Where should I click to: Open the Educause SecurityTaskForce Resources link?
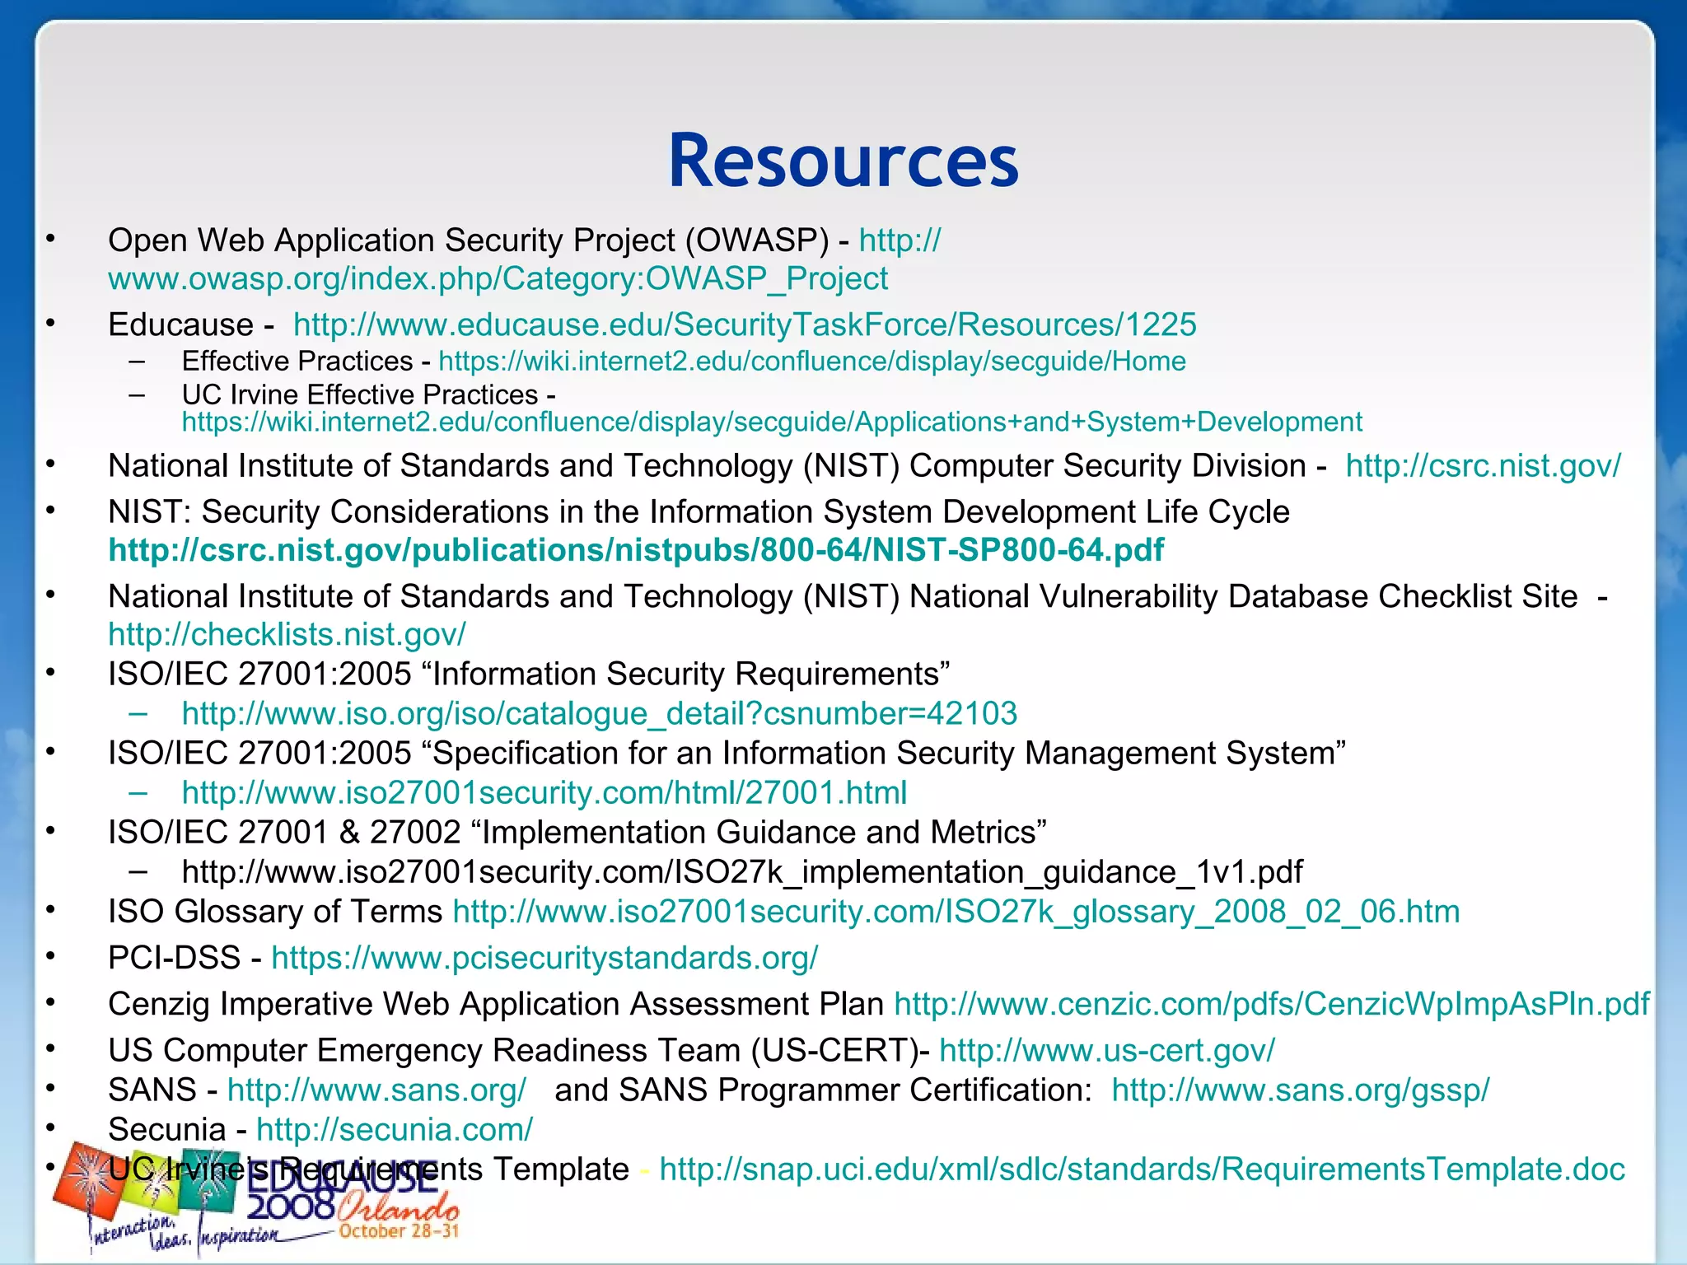coord(745,324)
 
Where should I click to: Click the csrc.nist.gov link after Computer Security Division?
coord(1483,466)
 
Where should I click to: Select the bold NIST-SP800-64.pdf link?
coord(636,550)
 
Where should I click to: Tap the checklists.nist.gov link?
coord(287,635)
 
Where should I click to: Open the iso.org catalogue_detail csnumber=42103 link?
coord(599,713)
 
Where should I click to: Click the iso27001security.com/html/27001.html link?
coord(544,792)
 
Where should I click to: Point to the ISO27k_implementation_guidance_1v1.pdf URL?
coord(741,871)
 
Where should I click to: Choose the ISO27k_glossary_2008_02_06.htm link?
coord(956,912)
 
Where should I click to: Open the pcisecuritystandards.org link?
coord(544,958)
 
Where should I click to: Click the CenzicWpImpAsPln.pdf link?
coord(1271,1004)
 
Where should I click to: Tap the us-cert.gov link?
coord(1106,1050)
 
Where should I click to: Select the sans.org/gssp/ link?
coord(1300,1090)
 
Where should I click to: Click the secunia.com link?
coord(394,1129)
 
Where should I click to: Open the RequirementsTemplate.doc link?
coord(1142,1169)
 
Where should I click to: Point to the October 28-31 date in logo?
coord(398,1231)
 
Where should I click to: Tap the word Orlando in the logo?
coord(398,1207)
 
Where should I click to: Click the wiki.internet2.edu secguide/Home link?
coord(811,361)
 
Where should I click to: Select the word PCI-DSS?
coord(174,958)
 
